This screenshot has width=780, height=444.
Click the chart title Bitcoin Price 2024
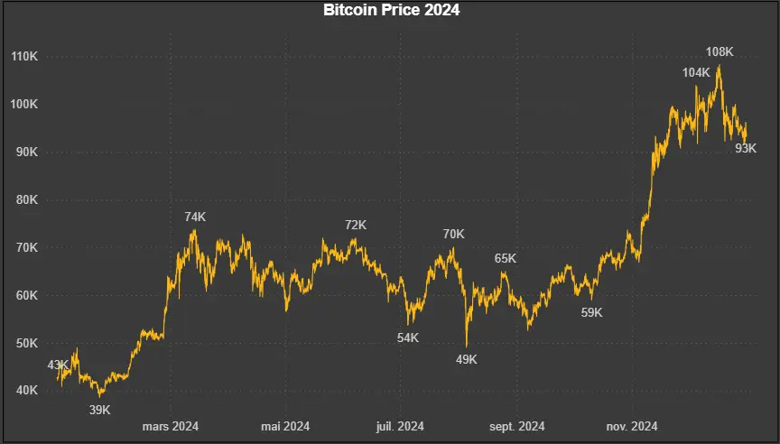pyautogui.click(x=392, y=11)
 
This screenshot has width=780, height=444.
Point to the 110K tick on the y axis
pyautogui.click(x=23, y=57)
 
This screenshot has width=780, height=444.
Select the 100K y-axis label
pyautogui.click(x=23, y=105)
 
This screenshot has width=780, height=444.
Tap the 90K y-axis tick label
pyautogui.click(x=26, y=153)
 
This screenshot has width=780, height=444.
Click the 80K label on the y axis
pyautogui.click(x=26, y=200)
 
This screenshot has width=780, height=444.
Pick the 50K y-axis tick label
pyautogui.click(x=26, y=344)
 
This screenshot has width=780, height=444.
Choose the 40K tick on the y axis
pyautogui.click(x=26, y=391)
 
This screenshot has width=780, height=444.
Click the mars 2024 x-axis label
pyautogui.click(x=171, y=426)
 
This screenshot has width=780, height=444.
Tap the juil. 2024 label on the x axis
pyautogui.click(x=399, y=426)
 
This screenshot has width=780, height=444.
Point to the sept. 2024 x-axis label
pyautogui.click(x=517, y=426)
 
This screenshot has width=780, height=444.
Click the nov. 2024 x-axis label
pyautogui.click(x=632, y=426)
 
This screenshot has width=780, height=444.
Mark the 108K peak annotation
pyautogui.click(x=720, y=52)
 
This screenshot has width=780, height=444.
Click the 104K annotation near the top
pyautogui.click(x=696, y=72)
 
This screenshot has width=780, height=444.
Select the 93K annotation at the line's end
pyautogui.click(x=746, y=148)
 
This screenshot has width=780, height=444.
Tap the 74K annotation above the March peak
pyautogui.click(x=195, y=217)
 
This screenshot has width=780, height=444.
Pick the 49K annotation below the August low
pyautogui.click(x=466, y=359)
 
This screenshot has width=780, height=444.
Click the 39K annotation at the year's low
pyautogui.click(x=99, y=410)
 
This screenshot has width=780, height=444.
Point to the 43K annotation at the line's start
pyautogui.click(x=58, y=365)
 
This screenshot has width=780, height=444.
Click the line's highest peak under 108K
pyautogui.click(x=719, y=66)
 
